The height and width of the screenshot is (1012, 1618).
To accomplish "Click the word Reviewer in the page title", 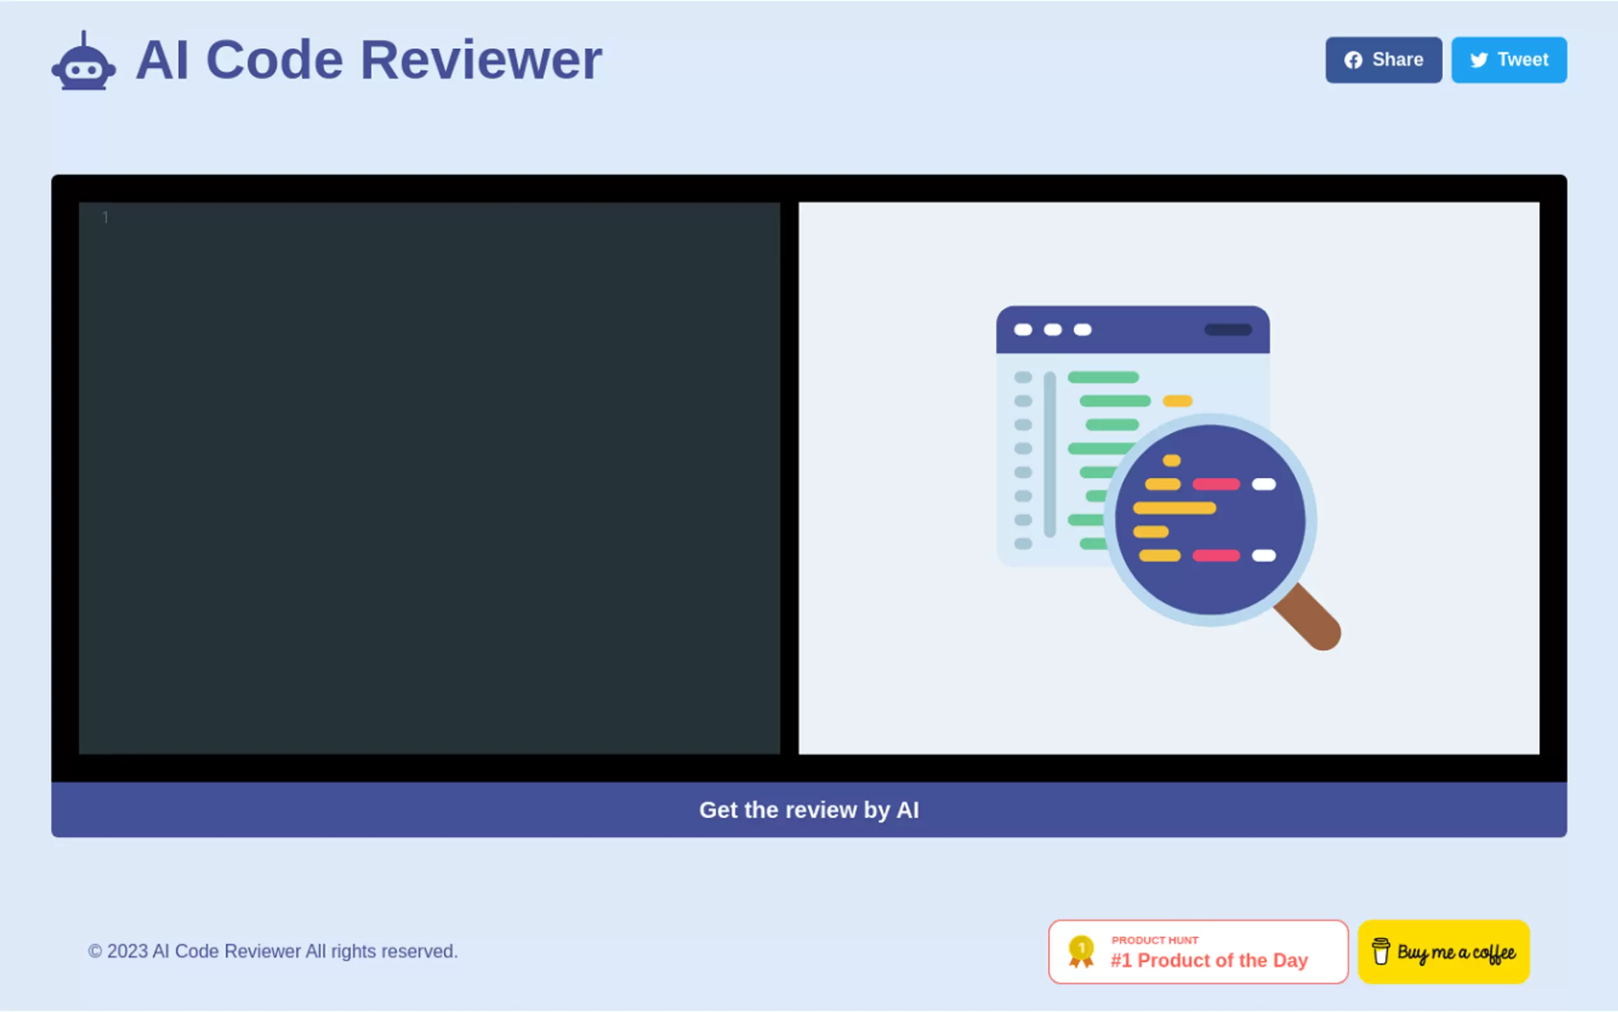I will (x=481, y=61).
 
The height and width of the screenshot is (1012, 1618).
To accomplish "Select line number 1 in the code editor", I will (x=105, y=217).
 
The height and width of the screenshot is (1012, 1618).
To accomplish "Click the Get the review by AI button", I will (x=808, y=810).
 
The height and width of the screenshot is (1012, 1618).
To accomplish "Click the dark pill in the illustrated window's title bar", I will (x=1228, y=330).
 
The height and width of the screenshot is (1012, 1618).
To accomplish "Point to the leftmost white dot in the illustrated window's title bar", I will (x=1022, y=330).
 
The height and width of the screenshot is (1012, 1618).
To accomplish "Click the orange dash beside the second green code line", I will (x=1177, y=401).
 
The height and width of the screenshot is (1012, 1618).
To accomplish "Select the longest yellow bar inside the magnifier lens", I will (x=1174, y=508).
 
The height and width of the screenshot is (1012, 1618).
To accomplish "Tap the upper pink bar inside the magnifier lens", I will (x=1215, y=484).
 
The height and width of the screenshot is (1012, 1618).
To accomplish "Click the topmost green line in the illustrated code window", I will (x=1103, y=377).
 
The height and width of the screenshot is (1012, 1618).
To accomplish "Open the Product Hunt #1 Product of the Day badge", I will (x=1198, y=951).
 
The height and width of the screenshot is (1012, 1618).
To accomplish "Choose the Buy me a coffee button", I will (x=1443, y=951).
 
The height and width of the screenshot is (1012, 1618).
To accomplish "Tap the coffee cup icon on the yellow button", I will (x=1380, y=951).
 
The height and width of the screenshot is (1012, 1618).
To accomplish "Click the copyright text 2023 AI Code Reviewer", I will (x=273, y=951).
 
